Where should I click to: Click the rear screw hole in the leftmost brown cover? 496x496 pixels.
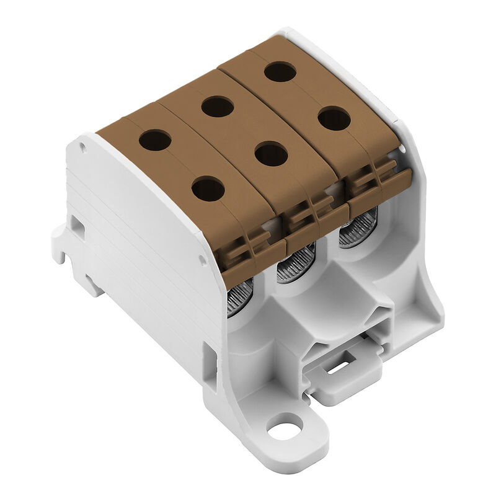click(x=155, y=140)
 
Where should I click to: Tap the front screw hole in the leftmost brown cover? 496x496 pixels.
click(x=208, y=188)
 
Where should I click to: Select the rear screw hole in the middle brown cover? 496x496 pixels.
click(x=217, y=107)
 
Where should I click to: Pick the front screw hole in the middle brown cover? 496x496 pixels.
click(x=271, y=154)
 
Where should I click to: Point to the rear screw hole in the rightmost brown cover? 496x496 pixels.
click(x=280, y=71)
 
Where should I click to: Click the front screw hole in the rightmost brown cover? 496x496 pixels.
click(x=334, y=118)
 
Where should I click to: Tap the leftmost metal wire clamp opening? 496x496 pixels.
click(x=240, y=298)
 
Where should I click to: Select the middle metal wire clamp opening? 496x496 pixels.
click(x=296, y=263)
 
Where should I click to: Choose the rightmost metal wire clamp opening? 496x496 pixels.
click(x=358, y=228)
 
